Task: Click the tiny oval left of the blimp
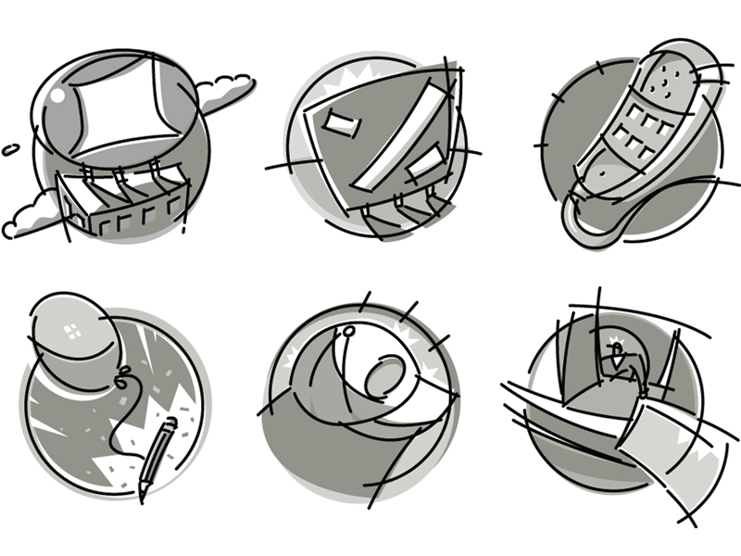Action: pos(10,148)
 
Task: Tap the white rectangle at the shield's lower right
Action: pos(426,165)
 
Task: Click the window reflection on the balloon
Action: pos(72,331)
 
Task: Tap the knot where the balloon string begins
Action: pos(119,375)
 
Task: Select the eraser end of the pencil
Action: pos(170,426)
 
